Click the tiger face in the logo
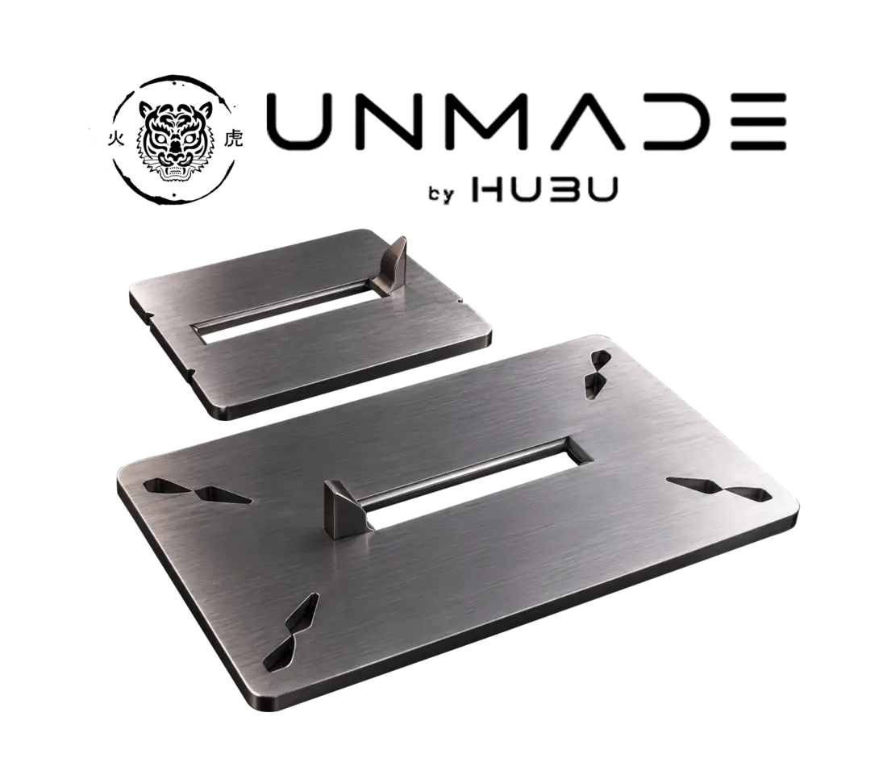[174, 140]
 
